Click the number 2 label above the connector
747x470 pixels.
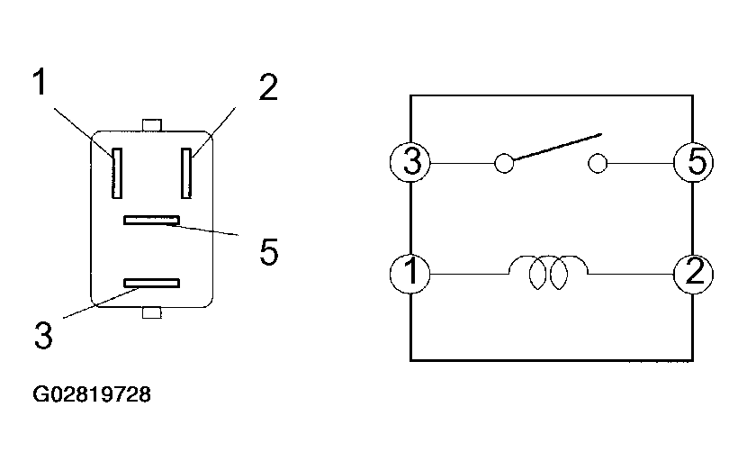tap(267, 88)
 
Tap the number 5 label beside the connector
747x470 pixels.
tap(267, 252)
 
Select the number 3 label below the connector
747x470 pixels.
tap(43, 335)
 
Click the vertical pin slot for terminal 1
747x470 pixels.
tap(116, 173)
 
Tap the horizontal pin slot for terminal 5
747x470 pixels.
tap(152, 220)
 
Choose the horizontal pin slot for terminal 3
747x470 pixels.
tap(151, 284)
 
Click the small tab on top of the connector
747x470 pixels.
tap(151, 124)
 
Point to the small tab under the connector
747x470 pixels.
tap(151, 312)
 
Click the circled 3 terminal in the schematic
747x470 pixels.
tap(412, 164)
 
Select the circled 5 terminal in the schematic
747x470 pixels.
tap(694, 164)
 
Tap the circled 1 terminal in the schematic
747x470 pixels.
tap(411, 272)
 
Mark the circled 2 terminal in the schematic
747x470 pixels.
tap(694, 272)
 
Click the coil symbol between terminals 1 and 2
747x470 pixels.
tap(548, 271)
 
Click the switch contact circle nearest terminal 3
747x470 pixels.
tap(504, 164)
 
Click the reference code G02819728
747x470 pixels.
tap(92, 394)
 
